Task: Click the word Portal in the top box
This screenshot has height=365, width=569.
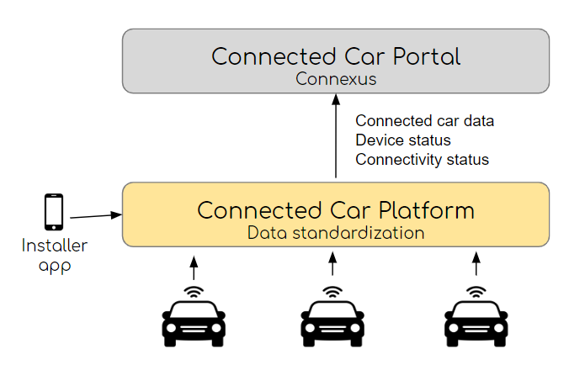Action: [x=419, y=56]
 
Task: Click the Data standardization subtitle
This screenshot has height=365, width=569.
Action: [x=335, y=232]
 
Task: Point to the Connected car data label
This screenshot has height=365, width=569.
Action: [x=424, y=121]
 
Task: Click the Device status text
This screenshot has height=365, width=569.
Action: [x=403, y=140]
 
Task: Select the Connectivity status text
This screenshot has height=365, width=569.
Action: [x=422, y=159]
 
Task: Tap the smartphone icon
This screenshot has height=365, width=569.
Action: [x=54, y=212]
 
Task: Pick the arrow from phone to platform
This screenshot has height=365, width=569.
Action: [x=95, y=216]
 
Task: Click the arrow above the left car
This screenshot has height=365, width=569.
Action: [x=194, y=267]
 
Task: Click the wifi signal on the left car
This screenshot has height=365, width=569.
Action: [x=194, y=293]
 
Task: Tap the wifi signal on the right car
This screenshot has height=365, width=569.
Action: [x=477, y=293]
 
